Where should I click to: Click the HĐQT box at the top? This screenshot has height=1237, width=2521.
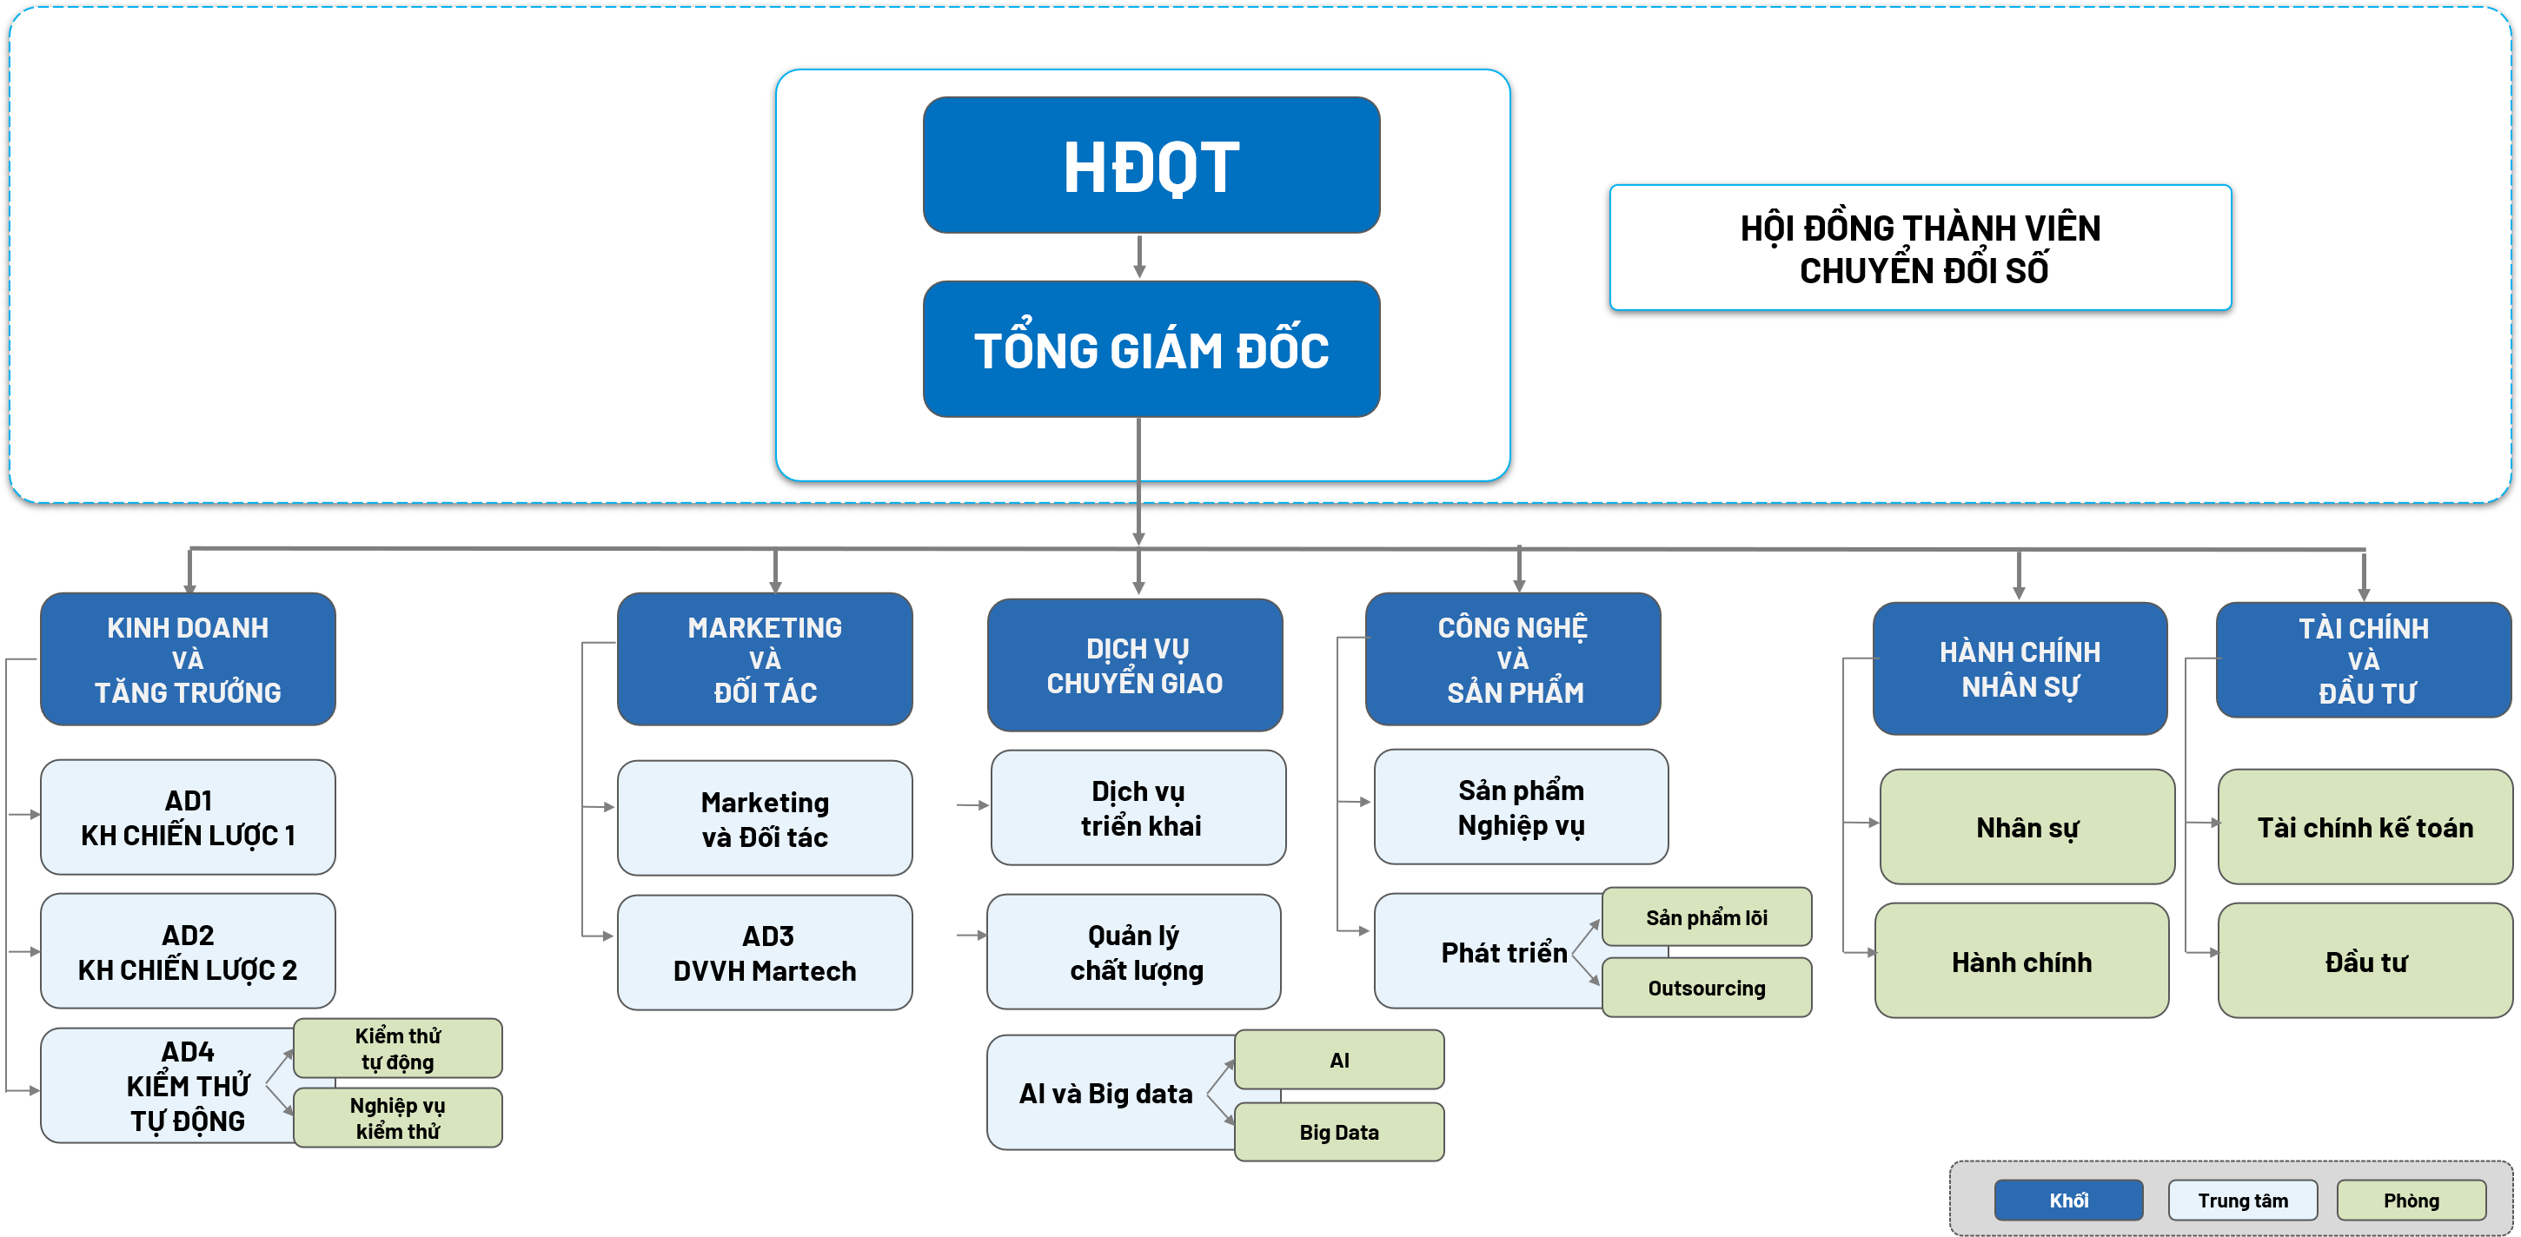pyautogui.click(x=1151, y=165)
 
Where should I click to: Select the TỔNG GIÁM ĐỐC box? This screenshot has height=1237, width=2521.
pyautogui.click(x=1151, y=349)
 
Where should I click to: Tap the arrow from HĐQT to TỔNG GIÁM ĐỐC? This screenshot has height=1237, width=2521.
pyautogui.click(x=1139, y=256)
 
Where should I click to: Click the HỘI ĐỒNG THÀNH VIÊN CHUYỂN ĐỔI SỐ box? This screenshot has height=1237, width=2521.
pyautogui.click(x=1921, y=248)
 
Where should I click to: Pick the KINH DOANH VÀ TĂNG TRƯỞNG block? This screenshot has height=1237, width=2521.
pyautogui.click(x=188, y=658)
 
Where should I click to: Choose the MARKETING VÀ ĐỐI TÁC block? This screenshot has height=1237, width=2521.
pyautogui.click(x=765, y=658)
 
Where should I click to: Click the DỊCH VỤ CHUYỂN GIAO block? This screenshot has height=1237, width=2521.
pyautogui.click(x=1134, y=665)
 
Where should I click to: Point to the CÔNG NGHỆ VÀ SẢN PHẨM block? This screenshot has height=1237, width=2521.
pyautogui.click(x=1513, y=658)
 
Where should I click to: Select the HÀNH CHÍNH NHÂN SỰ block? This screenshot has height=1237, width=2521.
pyautogui.click(x=2020, y=668)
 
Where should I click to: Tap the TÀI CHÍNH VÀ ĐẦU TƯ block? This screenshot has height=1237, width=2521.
pyautogui.click(x=2364, y=659)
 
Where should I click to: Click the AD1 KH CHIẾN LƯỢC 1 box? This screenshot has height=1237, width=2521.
pyautogui.click(x=188, y=817)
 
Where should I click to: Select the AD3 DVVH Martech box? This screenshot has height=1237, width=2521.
pyautogui.click(x=765, y=952)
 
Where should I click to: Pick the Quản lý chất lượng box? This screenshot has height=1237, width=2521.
pyautogui.click(x=1134, y=952)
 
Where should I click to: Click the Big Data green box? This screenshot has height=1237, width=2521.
pyautogui.click(x=1339, y=1132)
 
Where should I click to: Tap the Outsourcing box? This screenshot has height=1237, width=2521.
pyautogui.click(x=1707, y=989)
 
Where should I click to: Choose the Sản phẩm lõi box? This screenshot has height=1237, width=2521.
pyautogui.click(x=1707, y=917)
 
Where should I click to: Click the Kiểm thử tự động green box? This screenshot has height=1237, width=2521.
pyautogui.click(x=397, y=1048)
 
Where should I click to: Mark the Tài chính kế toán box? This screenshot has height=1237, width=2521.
pyautogui.click(x=2365, y=827)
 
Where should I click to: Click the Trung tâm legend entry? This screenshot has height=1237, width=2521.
pyautogui.click(x=2242, y=1200)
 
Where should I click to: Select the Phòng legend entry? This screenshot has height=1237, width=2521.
pyautogui.click(x=2411, y=1200)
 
